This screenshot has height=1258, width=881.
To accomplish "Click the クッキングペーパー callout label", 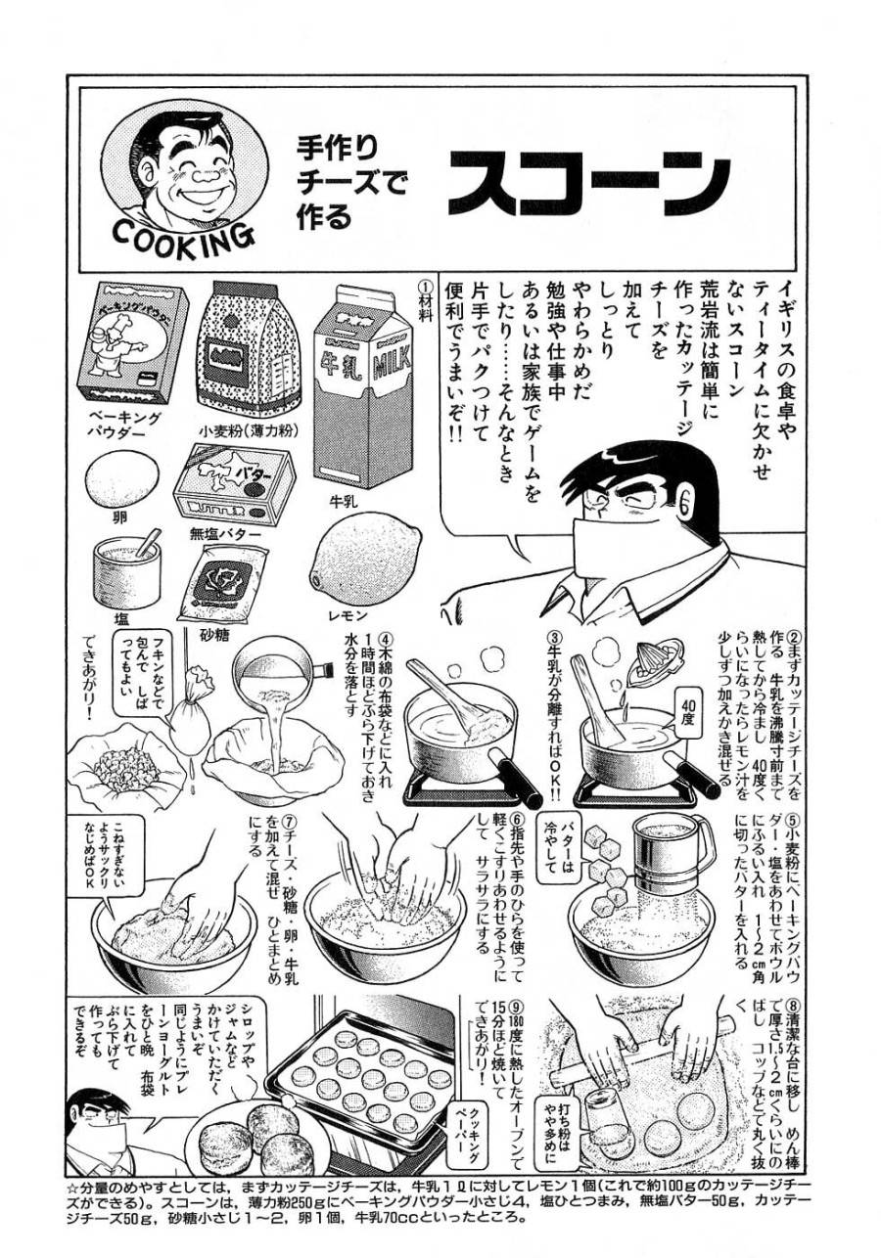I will click(461, 1133).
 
